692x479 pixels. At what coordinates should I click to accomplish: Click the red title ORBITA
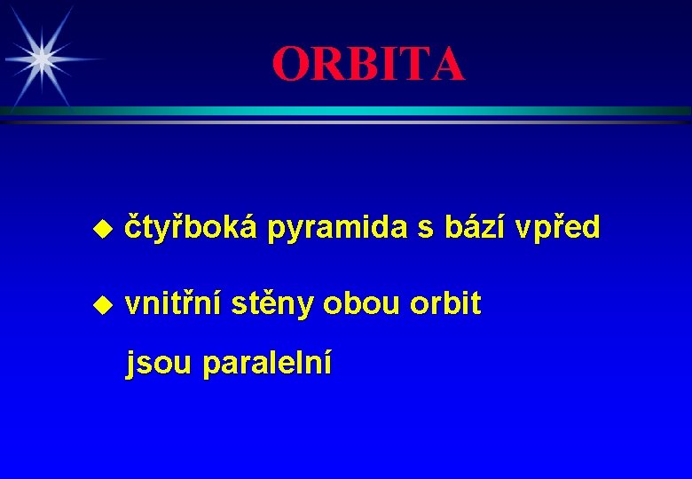tap(368, 64)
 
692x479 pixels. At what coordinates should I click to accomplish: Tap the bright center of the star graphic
tap(39, 59)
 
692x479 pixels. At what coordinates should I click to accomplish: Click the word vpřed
tap(563, 228)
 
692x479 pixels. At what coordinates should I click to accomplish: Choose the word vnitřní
tap(173, 303)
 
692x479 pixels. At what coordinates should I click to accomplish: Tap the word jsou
tap(160, 364)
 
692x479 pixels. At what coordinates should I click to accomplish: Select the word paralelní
tap(268, 364)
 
